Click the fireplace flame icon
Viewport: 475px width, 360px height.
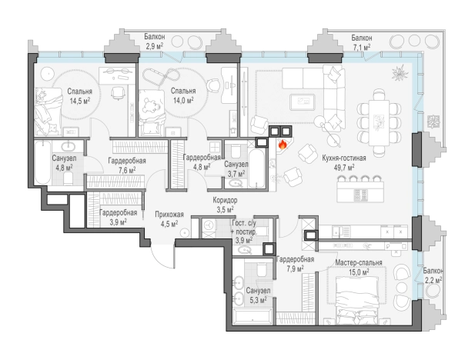point(283,145)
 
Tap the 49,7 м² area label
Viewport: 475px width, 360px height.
point(343,167)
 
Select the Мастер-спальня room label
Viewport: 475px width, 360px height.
point(359,262)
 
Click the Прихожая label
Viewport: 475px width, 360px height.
point(169,215)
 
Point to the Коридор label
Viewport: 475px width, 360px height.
point(225,200)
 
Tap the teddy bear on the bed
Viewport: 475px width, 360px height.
point(152,107)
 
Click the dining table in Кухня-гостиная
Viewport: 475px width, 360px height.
point(379,123)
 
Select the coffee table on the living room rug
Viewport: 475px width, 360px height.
point(302,102)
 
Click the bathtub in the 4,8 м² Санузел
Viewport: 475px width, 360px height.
point(42,162)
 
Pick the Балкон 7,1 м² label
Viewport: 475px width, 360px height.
point(362,42)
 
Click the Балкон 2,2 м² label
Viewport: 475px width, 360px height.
point(433,275)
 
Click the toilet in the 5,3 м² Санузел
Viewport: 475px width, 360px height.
point(261,269)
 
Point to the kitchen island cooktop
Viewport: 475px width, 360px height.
point(361,195)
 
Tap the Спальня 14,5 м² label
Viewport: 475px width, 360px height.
point(80,96)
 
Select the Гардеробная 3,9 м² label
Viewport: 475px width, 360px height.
point(118,217)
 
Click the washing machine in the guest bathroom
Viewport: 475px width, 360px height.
point(208,225)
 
